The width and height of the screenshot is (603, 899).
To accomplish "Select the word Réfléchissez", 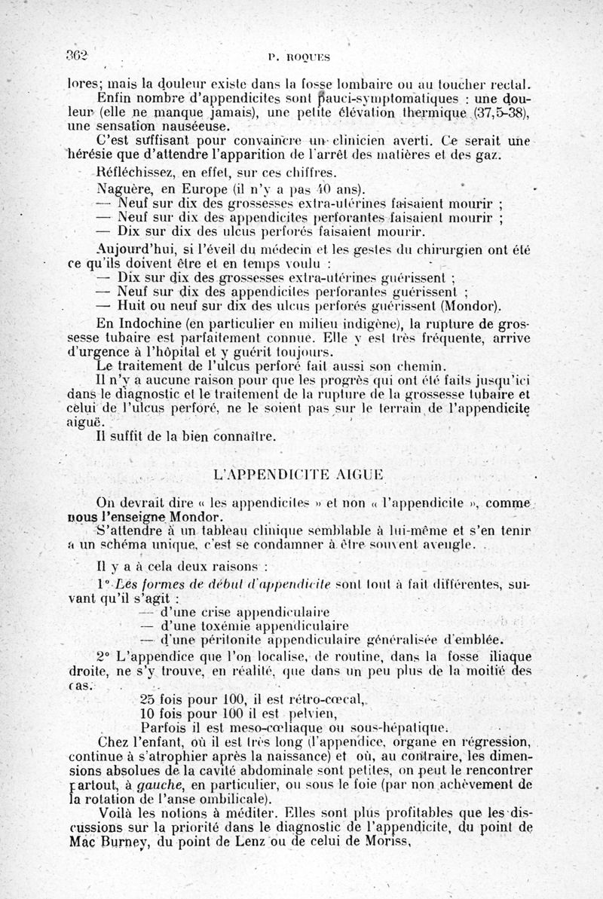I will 138,173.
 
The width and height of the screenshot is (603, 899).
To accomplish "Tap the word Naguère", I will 125,188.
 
